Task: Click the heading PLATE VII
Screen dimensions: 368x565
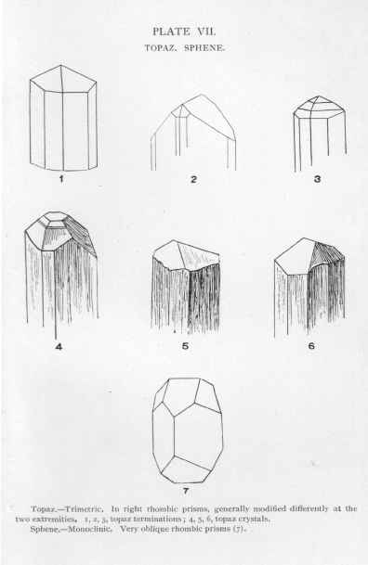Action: (184, 32)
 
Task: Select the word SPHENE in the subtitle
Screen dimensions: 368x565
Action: (204, 48)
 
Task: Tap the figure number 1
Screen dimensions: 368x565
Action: (61, 179)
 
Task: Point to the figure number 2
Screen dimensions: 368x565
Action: (193, 179)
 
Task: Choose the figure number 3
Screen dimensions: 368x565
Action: (318, 179)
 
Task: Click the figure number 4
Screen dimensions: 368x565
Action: (59, 347)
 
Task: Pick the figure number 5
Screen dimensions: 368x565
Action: (185, 346)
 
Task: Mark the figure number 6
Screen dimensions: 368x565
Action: (311, 346)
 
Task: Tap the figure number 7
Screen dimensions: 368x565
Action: (186, 491)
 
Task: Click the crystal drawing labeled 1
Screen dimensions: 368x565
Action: (63, 118)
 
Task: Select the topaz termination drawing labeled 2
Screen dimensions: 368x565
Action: (193, 133)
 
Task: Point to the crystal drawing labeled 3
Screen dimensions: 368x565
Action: (320, 134)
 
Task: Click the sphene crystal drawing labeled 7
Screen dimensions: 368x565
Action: (187, 430)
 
